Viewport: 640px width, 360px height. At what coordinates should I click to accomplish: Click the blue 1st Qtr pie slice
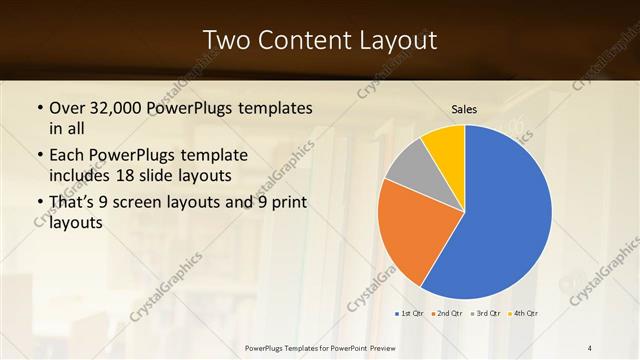point(500,215)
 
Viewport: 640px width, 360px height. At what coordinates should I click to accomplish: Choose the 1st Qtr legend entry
point(408,314)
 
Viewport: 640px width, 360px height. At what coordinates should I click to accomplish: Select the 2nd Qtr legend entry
point(446,314)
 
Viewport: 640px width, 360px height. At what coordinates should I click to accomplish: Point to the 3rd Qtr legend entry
point(485,314)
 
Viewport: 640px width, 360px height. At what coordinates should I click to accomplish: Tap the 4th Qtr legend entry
point(523,314)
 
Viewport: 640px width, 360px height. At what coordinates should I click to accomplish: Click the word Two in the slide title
point(225,41)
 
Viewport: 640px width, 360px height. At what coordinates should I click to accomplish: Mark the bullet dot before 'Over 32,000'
point(39,108)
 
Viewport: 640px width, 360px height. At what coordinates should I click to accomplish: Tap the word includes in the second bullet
point(82,175)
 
